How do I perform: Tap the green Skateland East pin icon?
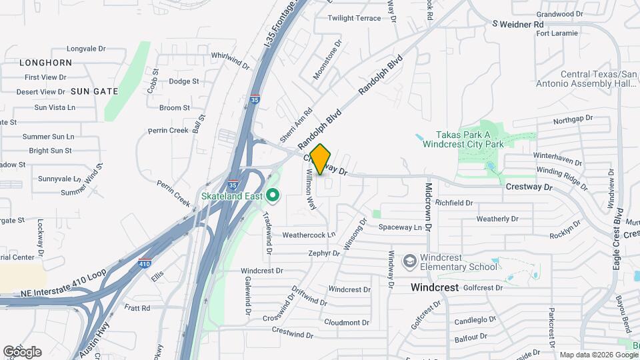pyautogui.click(x=272, y=195)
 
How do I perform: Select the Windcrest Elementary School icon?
pyautogui.click(x=410, y=260)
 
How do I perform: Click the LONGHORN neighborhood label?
pyautogui.click(x=46, y=63)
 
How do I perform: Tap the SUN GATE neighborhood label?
pyautogui.click(x=94, y=91)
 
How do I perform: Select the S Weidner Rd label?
pyautogui.click(x=518, y=24)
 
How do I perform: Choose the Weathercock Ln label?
pyautogui.click(x=309, y=235)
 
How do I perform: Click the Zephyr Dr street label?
pyautogui.click(x=325, y=253)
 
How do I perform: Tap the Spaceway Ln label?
pyautogui.click(x=401, y=227)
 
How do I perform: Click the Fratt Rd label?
pyautogui.click(x=137, y=308)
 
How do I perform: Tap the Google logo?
pyautogui.click(x=22, y=351)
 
